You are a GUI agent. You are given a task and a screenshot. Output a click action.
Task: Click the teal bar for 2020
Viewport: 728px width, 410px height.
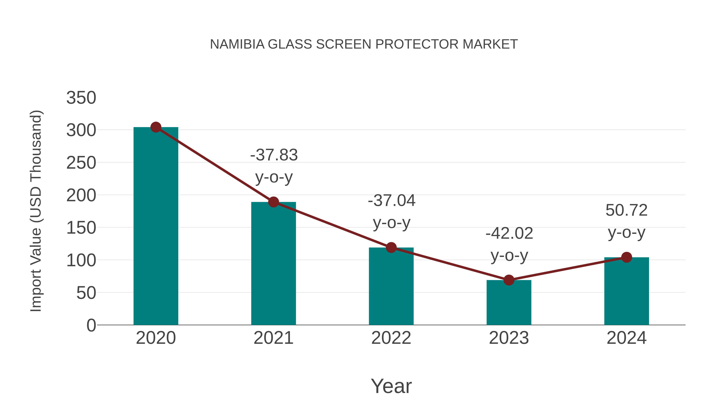coord(156,226)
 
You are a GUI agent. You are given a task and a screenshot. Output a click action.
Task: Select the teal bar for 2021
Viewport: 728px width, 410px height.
coord(273,263)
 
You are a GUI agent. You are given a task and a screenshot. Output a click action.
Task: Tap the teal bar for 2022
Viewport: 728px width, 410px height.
coord(391,286)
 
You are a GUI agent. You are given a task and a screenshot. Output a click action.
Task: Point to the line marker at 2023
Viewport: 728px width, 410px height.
coord(509,280)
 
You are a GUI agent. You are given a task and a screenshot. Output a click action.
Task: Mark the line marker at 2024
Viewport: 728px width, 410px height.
coord(626,257)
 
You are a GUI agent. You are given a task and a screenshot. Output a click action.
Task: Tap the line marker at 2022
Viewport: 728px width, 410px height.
coord(391,248)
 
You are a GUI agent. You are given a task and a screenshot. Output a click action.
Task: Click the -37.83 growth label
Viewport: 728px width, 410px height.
coord(274,155)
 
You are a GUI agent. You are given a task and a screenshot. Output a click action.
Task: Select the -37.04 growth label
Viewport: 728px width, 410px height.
coord(392,201)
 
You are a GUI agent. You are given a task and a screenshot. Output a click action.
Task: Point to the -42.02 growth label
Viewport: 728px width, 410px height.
coord(509,233)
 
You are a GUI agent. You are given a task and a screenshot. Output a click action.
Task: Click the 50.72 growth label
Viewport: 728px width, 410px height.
coord(626,210)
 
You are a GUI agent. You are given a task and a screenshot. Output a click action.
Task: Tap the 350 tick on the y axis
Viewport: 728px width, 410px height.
coord(81,98)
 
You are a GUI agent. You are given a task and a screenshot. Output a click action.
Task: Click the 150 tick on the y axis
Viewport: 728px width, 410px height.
coord(81,228)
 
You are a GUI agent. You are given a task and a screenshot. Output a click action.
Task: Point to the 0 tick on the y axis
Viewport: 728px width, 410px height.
coord(91,325)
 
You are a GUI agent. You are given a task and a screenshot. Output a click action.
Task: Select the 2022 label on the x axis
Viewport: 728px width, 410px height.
coord(391,338)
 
